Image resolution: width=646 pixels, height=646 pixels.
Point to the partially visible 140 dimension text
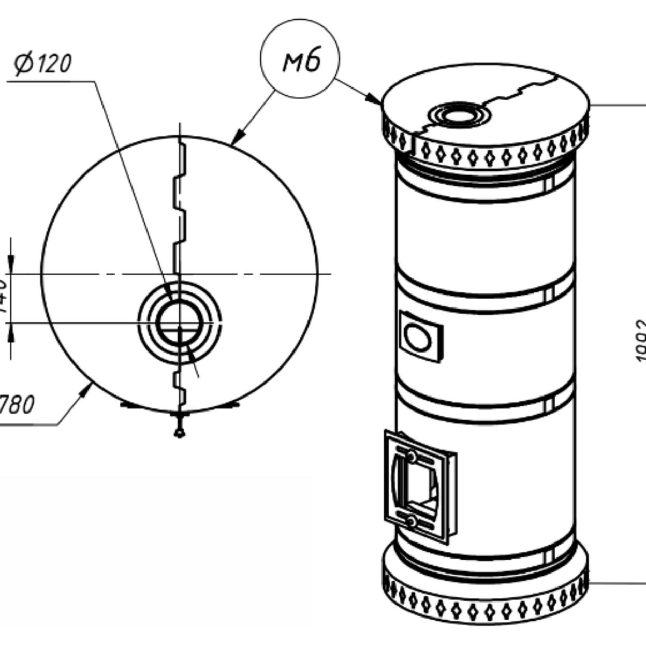click(3, 298)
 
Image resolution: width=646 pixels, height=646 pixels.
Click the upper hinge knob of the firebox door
click(411, 457)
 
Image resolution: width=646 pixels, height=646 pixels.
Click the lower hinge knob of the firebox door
click(411, 521)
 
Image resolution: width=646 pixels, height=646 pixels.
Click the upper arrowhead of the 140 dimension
click(11, 265)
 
